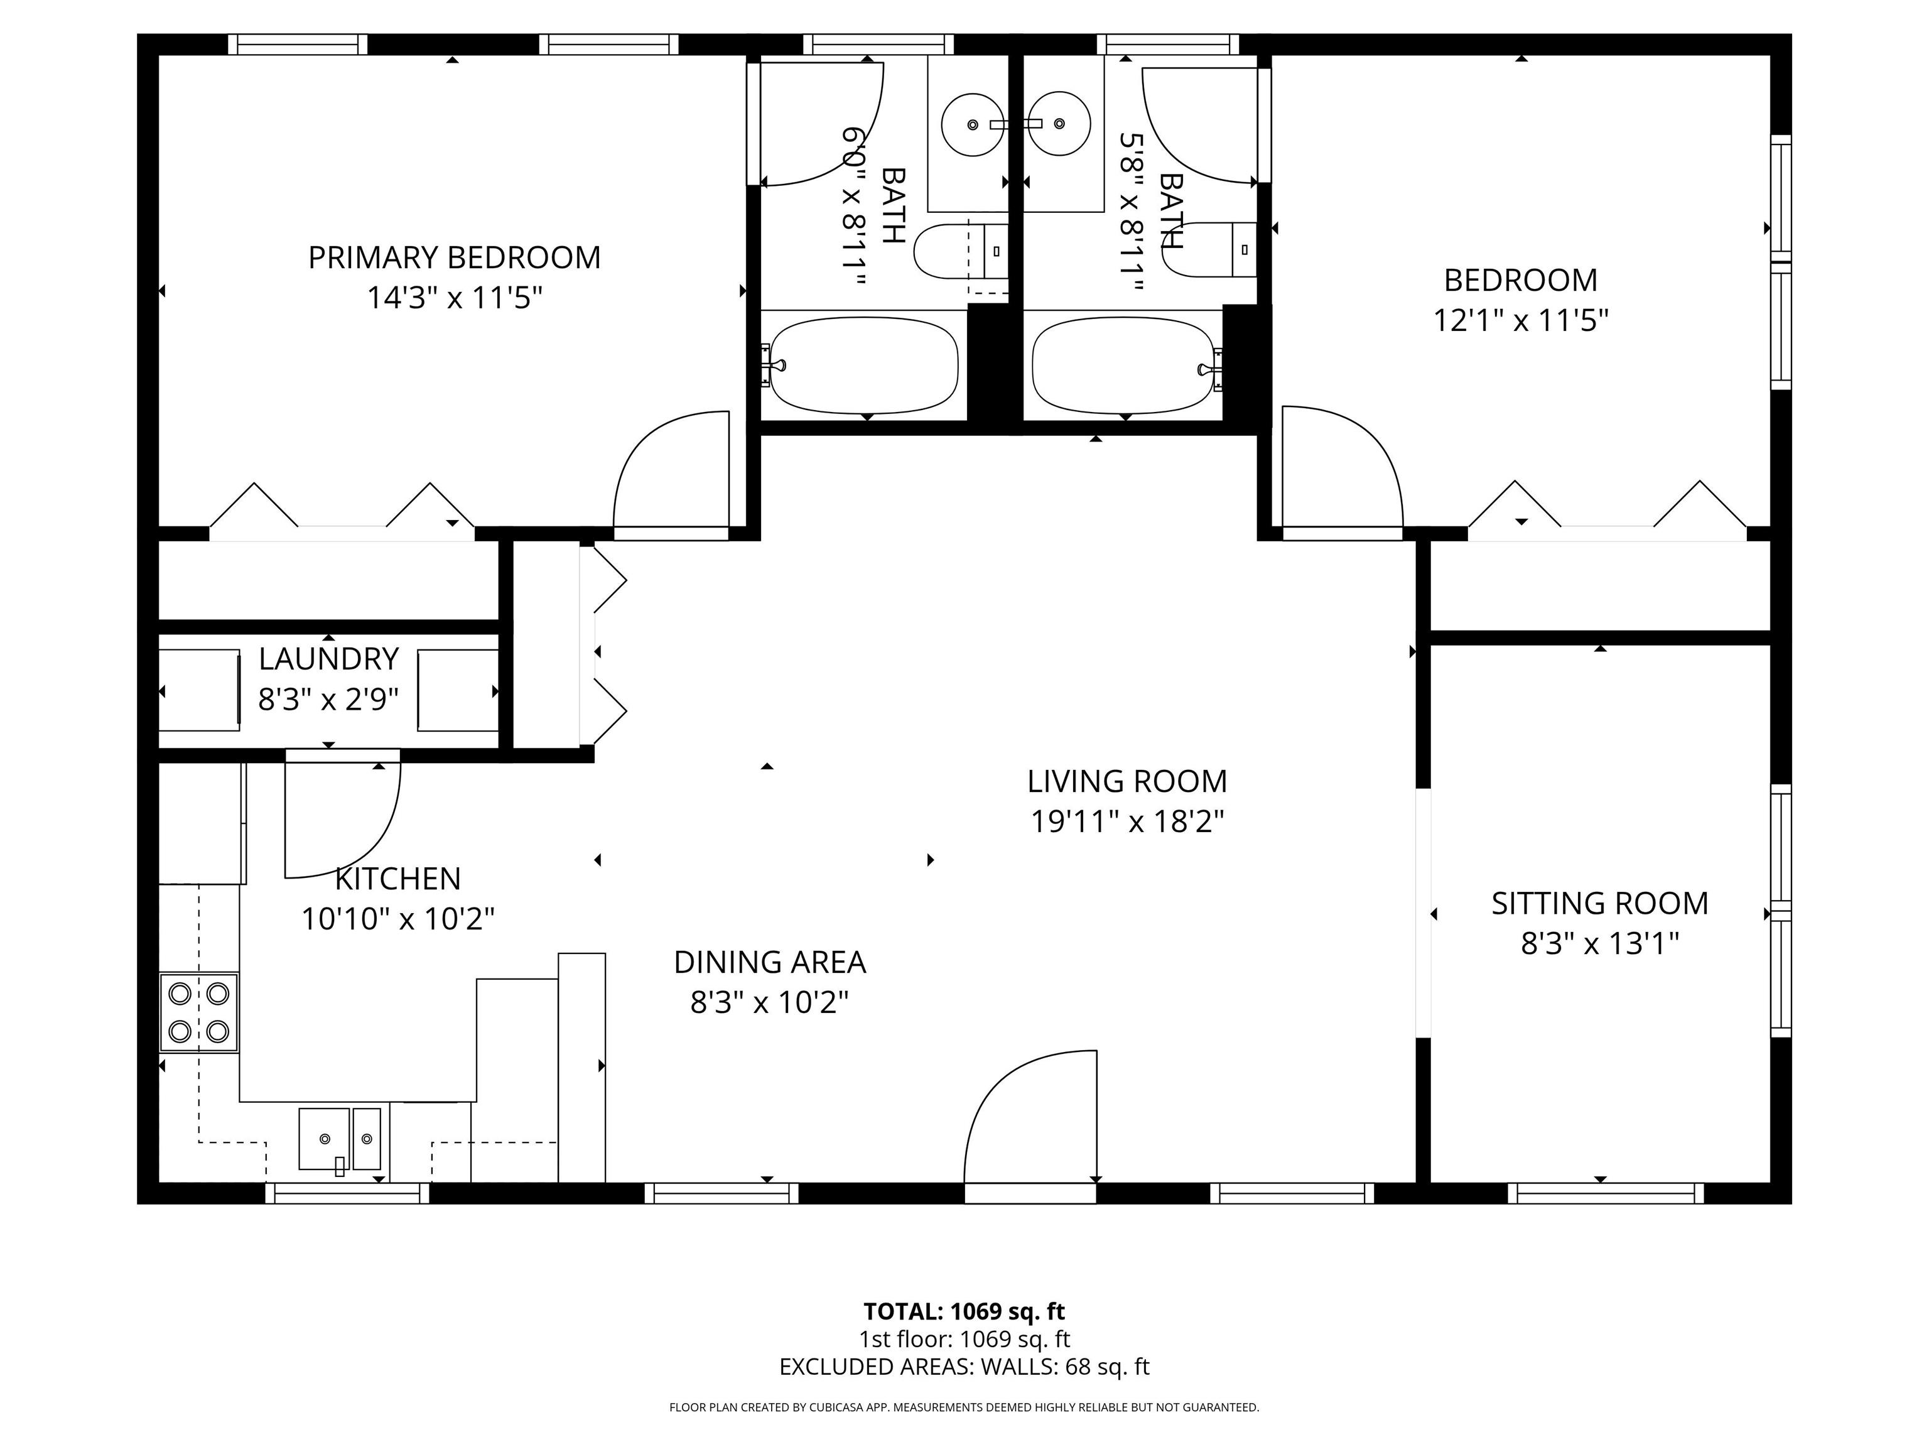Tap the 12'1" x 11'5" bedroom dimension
1520,321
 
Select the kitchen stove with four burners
199,1012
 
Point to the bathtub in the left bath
863,365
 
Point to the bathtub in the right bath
1122,365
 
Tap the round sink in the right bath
1059,124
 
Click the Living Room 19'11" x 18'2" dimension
1127,821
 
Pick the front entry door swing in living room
1029,1121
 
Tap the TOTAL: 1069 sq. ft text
964,1311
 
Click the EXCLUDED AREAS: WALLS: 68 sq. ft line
964,1367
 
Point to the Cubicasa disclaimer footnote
964,1407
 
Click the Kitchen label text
397,879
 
